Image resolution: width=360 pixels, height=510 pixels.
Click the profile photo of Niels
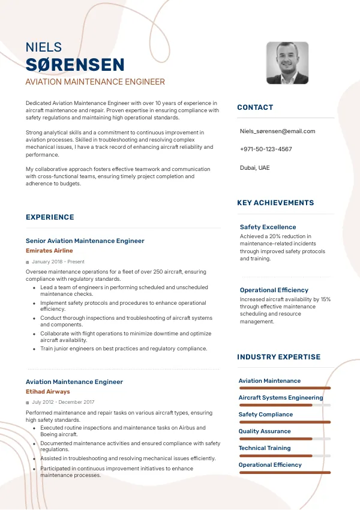coord(287,63)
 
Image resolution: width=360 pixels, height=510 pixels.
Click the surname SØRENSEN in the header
coord(75,65)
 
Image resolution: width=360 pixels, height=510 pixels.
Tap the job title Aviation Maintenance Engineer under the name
coord(95,82)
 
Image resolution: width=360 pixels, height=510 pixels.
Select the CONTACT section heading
coord(255,107)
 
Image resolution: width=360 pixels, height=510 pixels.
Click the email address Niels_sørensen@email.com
coord(277,131)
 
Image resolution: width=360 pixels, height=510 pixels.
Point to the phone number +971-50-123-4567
coord(266,149)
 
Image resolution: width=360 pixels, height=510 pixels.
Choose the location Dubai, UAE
coord(255,167)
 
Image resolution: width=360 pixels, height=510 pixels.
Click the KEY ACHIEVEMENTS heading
coord(275,203)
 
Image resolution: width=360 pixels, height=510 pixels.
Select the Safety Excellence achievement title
coord(268,227)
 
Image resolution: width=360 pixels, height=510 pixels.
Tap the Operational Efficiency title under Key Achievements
coord(274,290)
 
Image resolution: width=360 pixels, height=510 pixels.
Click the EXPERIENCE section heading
coord(50,217)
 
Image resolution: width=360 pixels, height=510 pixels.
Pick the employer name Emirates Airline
coord(49,250)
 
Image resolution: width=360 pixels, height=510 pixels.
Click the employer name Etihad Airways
coord(47,391)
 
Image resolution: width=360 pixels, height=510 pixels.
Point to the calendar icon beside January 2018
coord(28,262)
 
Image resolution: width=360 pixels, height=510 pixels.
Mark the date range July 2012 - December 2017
coord(63,402)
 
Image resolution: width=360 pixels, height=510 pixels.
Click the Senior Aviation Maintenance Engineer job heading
coord(85,241)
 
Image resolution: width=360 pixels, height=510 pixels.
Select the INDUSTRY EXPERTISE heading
coord(278,357)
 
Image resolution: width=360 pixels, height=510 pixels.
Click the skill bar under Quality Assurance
coord(284,439)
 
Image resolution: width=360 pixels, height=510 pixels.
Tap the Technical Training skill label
coord(264,448)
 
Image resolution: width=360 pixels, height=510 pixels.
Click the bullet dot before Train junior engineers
coord(34,349)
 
